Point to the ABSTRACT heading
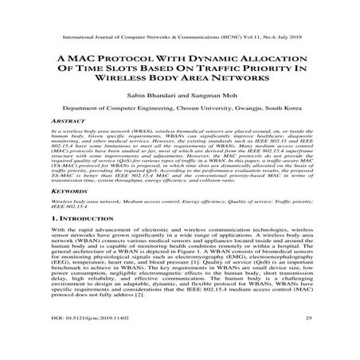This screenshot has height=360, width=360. coord(68,119)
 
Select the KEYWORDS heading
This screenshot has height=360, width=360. coord(70,192)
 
